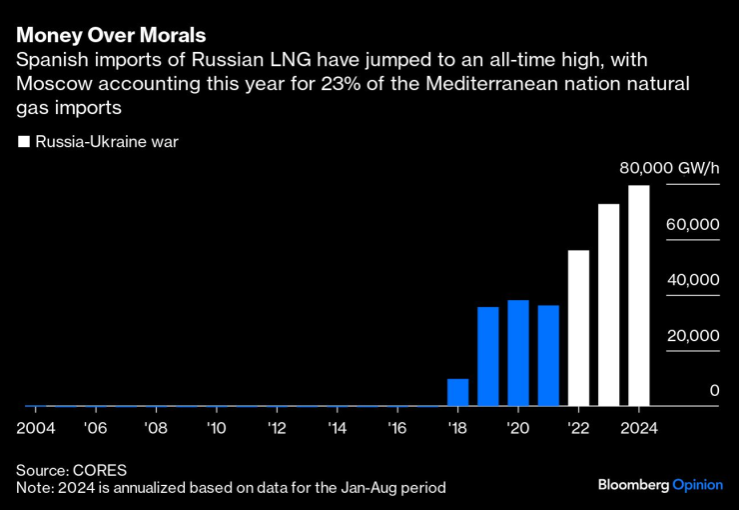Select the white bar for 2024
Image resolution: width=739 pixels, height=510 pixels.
click(638, 295)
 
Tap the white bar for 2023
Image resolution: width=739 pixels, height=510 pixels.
click(608, 305)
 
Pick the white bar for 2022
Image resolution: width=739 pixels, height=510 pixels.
click(578, 328)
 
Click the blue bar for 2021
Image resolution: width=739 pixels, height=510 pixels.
click(548, 355)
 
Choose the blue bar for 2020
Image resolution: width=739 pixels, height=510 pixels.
click(517, 353)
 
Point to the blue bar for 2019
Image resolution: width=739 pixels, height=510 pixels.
click(487, 356)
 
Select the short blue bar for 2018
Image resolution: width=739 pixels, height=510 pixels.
click(457, 392)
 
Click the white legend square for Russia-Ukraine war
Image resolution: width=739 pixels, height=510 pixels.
click(24, 142)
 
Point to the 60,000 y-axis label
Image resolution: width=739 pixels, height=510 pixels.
click(693, 224)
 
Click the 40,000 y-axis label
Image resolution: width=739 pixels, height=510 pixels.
click(693, 280)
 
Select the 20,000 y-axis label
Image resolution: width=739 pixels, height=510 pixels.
click(693, 336)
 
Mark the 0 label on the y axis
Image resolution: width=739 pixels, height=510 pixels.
click(714, 391)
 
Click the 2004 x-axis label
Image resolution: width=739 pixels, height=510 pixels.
click(36, 427)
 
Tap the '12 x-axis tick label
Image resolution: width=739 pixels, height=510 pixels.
click(277, 427)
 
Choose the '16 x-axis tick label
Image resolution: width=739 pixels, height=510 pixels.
click(397, 427)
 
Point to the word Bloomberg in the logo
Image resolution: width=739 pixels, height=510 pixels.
click(634, 485)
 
